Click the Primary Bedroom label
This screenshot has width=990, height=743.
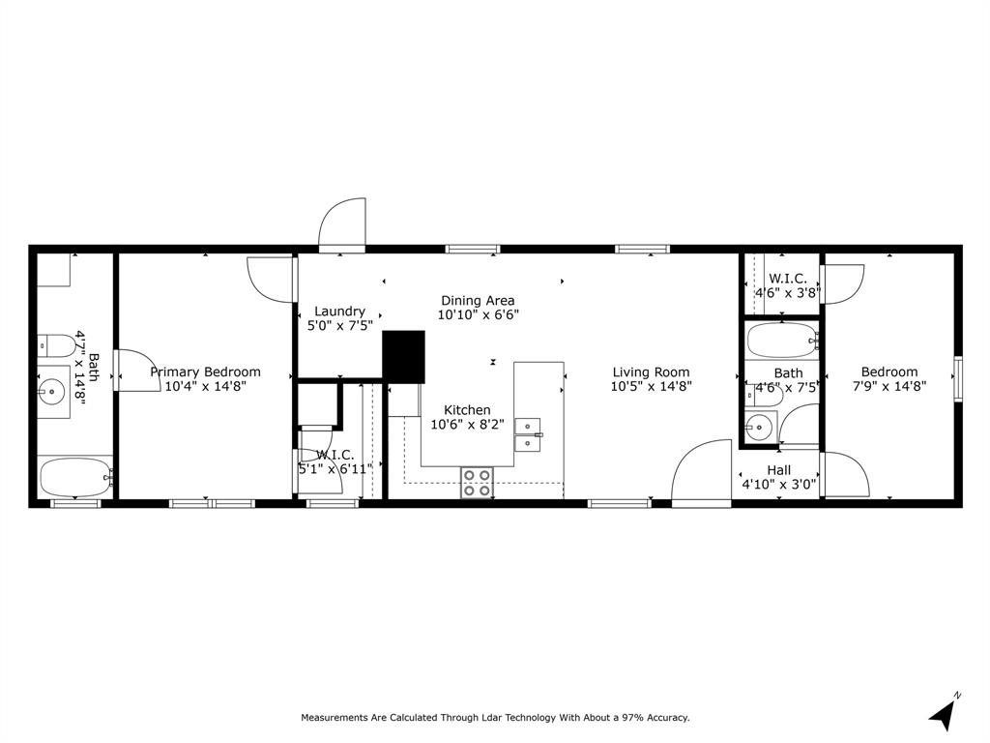[x=205, y=372]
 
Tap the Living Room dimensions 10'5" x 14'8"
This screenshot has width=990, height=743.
[x=651, y=387]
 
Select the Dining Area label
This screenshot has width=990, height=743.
[x=478, y=301]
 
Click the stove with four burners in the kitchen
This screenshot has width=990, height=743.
[x=477, y=482]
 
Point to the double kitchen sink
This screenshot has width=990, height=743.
[x=528, y=434]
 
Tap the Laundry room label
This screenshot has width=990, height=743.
[x=339, y=312]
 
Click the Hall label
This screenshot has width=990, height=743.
[x=779, y=470]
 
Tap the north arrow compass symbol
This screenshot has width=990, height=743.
[x=943, y=714]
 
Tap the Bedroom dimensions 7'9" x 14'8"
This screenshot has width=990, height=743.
[x=888, y=387]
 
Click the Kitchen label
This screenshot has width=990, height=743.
[x=467, y=410]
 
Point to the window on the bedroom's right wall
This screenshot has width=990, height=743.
[x=957, y=377]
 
